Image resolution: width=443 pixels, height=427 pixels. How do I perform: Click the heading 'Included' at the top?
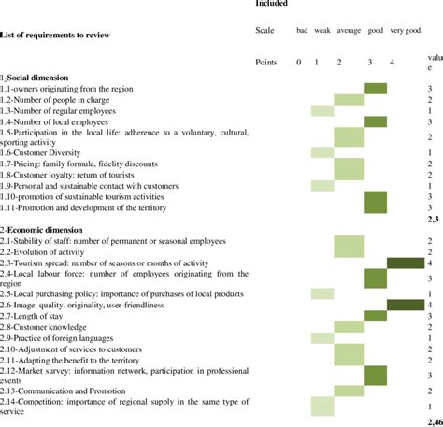click(x=271, y=4)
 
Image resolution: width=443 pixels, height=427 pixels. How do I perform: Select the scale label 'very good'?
click(x=405, y=31)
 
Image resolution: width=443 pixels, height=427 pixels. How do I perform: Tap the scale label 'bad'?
click(x=301, y=31)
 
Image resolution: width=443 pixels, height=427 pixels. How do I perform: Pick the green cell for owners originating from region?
click(x=376, y=89)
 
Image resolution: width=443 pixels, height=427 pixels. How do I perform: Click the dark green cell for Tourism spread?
click(x=405, y=263)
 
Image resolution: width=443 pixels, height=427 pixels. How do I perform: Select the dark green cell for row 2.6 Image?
click(x=405, y=305)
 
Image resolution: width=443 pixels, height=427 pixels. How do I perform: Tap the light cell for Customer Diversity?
click(x=322, y=152)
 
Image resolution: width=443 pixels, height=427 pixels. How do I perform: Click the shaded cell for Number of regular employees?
click(x=322, y=111)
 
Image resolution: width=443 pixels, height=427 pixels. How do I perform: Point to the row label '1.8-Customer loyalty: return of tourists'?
click(x=71, y=175)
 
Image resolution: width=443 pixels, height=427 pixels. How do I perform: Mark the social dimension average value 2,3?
click(x=432, y=219)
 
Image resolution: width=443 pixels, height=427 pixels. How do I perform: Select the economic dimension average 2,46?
click(x=432, y=420)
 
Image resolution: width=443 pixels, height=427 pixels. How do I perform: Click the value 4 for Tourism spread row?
click(x=429, y=263)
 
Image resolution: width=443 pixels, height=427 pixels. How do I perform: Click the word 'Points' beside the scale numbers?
click(x=266, y=62)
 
